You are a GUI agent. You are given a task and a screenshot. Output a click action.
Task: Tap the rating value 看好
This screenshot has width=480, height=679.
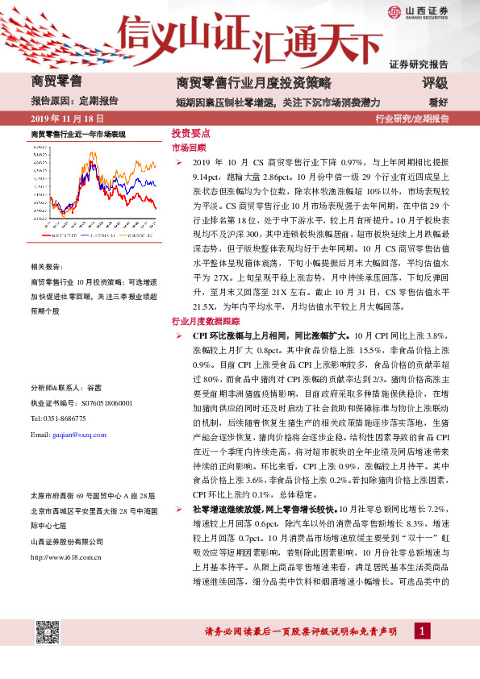coord(437,102)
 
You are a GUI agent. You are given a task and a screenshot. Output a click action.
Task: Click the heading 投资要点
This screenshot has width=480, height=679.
coord(191,133)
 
